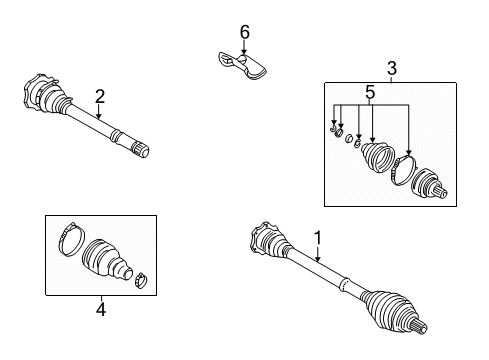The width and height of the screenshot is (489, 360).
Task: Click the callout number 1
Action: tap(318, 238)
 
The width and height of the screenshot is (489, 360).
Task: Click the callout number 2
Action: tap(100, 97)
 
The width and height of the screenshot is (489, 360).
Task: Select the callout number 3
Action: tap(392, 68)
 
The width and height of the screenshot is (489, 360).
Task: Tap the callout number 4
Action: tap(100, 309)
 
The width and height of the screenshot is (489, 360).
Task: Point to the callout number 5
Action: tap(369, 94)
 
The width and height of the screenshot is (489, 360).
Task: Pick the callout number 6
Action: tap(243, 33)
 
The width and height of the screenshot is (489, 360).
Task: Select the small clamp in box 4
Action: tap(141, 279)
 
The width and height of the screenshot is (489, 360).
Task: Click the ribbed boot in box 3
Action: tap(377, 161)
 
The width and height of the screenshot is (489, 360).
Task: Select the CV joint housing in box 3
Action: tap(431, 184)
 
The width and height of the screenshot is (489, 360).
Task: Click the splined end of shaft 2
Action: tap(142, 151)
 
